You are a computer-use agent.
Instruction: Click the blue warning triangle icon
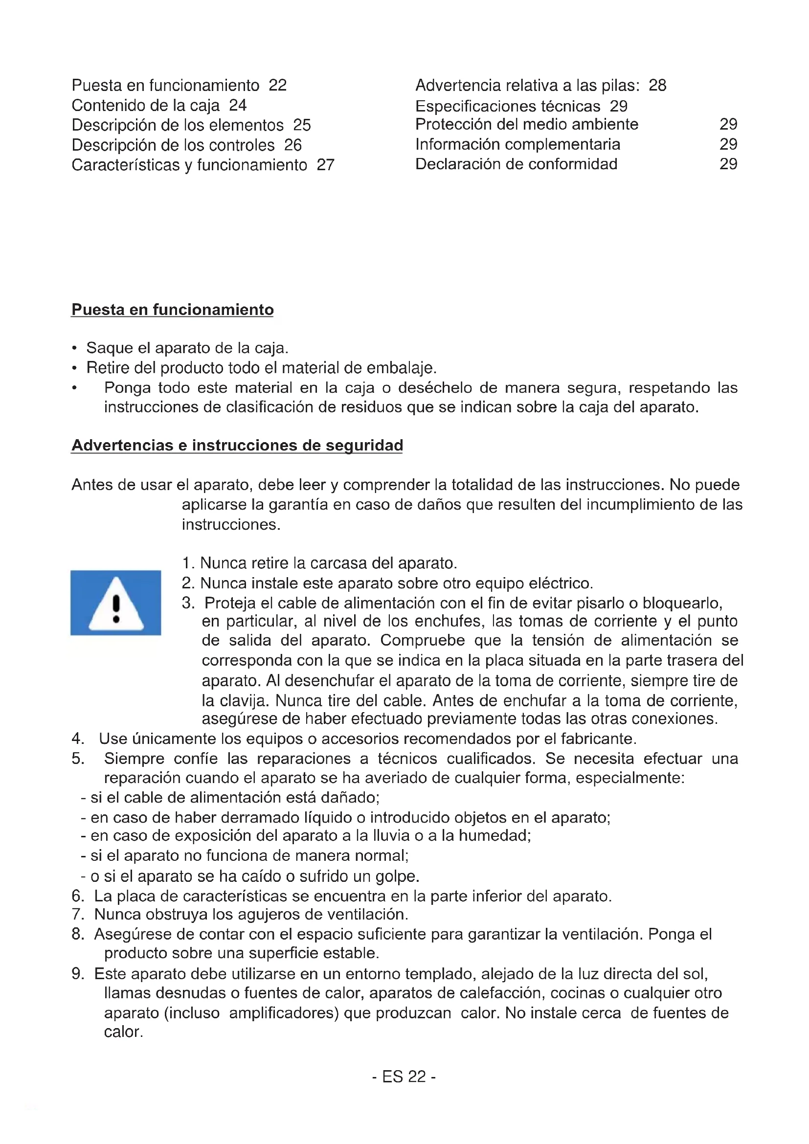tap(115, 603)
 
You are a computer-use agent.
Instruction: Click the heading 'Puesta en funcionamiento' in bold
tap(172, 310)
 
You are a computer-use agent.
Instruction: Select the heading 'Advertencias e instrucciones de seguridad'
tap(237, 445)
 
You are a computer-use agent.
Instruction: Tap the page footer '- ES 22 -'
tap(404, 1077)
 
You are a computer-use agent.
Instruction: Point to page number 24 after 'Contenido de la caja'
tap(238, 105)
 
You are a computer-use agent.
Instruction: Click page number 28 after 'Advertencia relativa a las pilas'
tap(657, 86)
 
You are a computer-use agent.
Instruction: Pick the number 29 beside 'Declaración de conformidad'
tap(728, 164)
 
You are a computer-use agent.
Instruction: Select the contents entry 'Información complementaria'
tap(517, 144)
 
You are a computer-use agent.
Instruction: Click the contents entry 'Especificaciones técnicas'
tap(508, 106)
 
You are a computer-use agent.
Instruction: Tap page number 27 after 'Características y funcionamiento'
tap(325, 165)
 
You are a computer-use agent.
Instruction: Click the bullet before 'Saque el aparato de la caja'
tap(74, 348)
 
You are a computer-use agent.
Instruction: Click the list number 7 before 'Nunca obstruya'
tap(77, 914)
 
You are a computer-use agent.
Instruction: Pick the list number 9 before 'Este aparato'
tap(77, 974)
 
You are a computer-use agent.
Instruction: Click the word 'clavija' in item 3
tap(235, 700)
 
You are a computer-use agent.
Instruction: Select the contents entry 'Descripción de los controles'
tap(173, 145)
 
